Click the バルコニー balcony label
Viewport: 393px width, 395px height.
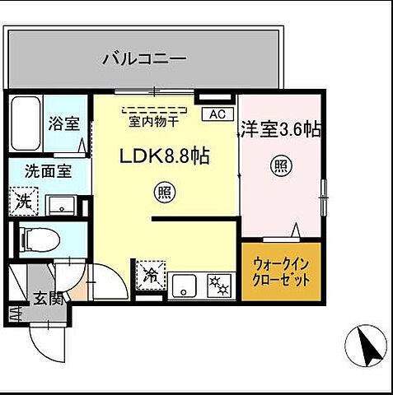click(x=144, y=59)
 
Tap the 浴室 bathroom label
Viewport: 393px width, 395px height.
click(x=63, y=124)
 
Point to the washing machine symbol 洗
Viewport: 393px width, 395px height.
click(x=22, y=201)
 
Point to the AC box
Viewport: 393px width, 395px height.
click(x=218, y=114)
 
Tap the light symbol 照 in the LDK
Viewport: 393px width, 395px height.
click(x=163, y=193)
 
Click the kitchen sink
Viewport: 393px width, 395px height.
click(x=185, y=286)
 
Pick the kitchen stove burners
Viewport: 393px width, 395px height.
click(x=219, y=285)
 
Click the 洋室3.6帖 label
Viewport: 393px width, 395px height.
click(x=279, y=128)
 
